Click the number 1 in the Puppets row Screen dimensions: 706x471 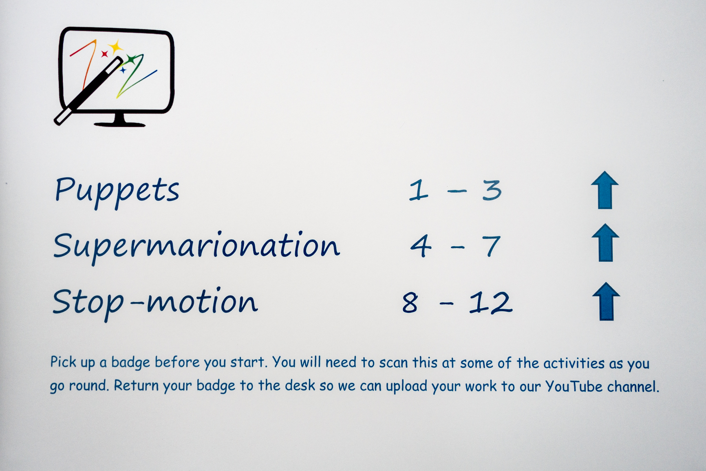[419, 190]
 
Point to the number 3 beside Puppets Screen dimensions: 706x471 [492, 190]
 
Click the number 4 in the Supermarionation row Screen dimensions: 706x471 [421, 246]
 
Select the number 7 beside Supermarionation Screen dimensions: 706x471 [491, 246]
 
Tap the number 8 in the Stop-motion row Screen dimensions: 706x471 [410, 303]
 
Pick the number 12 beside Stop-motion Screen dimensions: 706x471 [490, 303]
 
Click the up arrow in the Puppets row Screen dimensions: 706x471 [605, 190]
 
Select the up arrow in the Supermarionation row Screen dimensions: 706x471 [605, 243]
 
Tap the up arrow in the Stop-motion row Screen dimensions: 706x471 [606, 301]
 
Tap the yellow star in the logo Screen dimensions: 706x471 [116, 46]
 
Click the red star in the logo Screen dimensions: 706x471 [104, 53]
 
